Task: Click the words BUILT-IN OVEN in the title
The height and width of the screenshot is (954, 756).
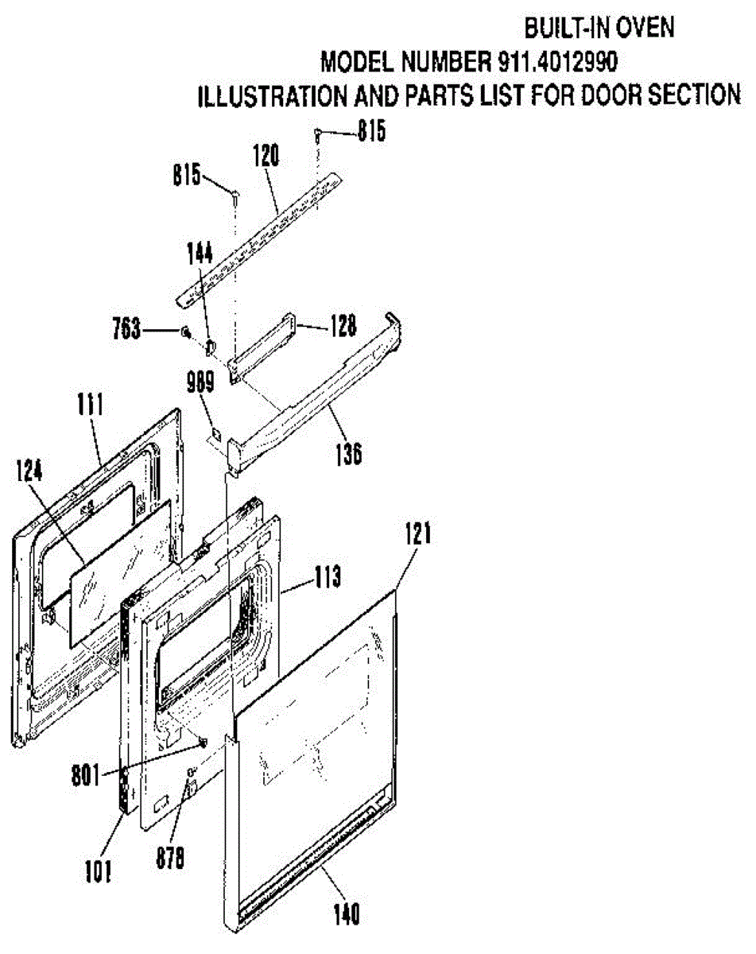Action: point(599,28)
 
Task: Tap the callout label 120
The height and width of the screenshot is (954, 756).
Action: point(266,156)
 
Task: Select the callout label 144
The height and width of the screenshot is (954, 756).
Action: point(200,254)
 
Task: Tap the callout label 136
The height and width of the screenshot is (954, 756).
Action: point(347,454)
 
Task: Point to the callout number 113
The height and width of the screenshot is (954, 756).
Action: point(327,577)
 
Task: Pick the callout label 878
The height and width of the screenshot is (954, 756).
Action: point(169,858)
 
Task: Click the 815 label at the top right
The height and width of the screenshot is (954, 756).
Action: point(370,131)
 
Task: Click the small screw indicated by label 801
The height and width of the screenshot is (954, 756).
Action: point(203,743)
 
